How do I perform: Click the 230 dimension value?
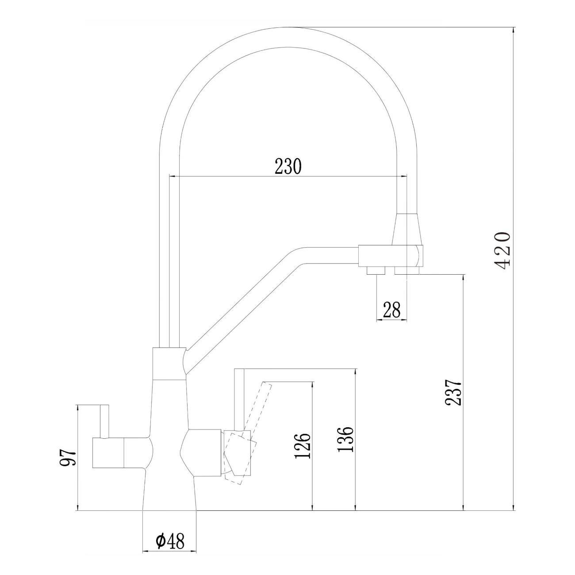tap(288, 166)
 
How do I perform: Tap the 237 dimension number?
tap(453, 392)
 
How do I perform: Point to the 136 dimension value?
tap(345, 439)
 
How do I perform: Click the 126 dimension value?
tap(303, 445)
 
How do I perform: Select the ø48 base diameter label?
tap(169, 541)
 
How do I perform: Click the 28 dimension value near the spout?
tap(392, 310)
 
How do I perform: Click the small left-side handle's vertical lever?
tap(104, 421)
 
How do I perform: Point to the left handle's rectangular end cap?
tap(108, 453)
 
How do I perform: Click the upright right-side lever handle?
tap(239, 398)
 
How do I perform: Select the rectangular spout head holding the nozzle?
tap(389, 255)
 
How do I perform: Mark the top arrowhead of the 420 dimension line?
tap(514, 30)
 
